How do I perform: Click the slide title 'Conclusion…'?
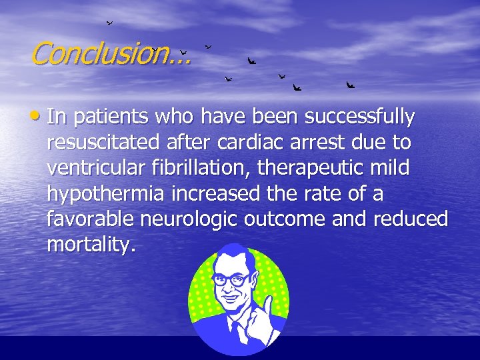(x=111, y=54)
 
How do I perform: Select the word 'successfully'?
(x=359, y=117)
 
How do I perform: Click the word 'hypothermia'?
(x=107, y=195)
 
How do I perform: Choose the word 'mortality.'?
(x=91, y=245)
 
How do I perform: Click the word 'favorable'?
(x=90, y=219)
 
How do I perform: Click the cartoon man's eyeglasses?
(x=231, y=281)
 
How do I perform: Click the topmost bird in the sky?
(x=109, y=23)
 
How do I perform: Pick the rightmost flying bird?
(x=350, y=85)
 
